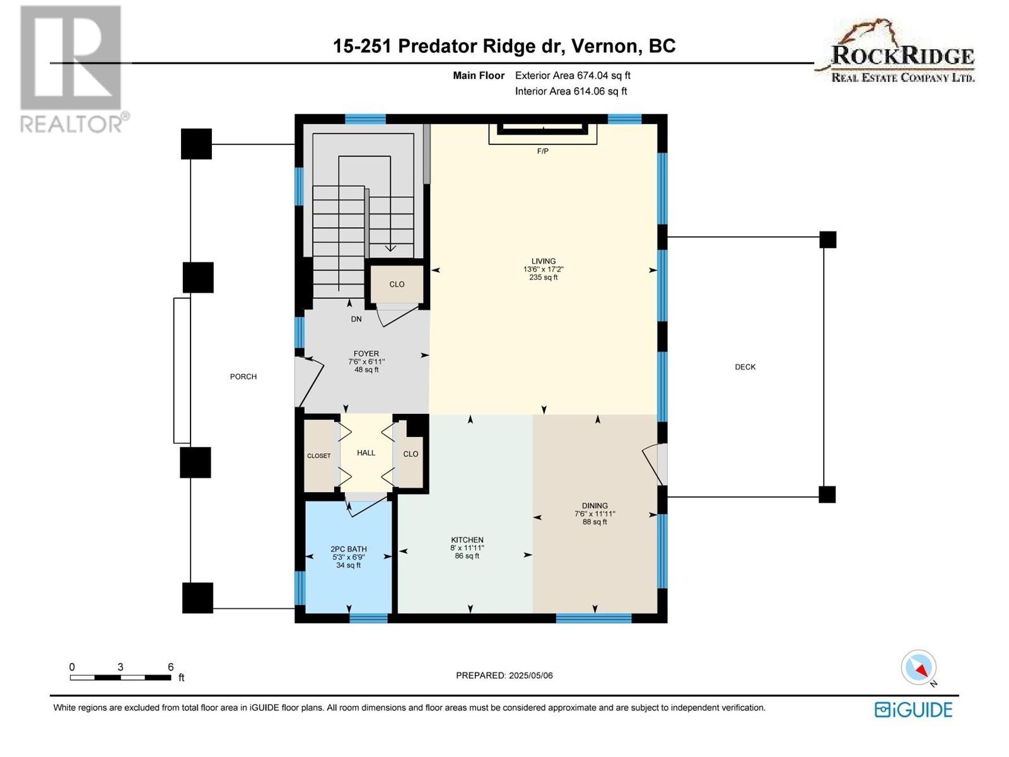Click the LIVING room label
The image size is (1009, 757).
(544, 261)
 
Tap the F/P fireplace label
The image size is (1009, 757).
(542, 151)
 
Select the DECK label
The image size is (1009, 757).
(745, 367)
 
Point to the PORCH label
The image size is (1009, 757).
(243, 377)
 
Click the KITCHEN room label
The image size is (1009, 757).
(467, 539)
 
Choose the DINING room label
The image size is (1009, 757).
(595, 505)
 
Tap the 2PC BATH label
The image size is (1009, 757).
(349, 549)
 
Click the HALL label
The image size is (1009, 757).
(366, 453)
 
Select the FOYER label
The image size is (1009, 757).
(366, 353)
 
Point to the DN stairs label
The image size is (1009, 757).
(356, 319)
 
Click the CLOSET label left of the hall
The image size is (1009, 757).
(318, 456)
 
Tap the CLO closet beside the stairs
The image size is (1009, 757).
(397, 285)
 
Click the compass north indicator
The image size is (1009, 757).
(919, 667)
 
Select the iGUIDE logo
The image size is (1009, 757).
(913, 710)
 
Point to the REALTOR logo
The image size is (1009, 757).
(71, 69)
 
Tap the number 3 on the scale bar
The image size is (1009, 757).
(120, 667)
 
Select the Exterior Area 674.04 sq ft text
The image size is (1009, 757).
(573, 75)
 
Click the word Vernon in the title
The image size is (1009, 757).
(607, 46)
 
